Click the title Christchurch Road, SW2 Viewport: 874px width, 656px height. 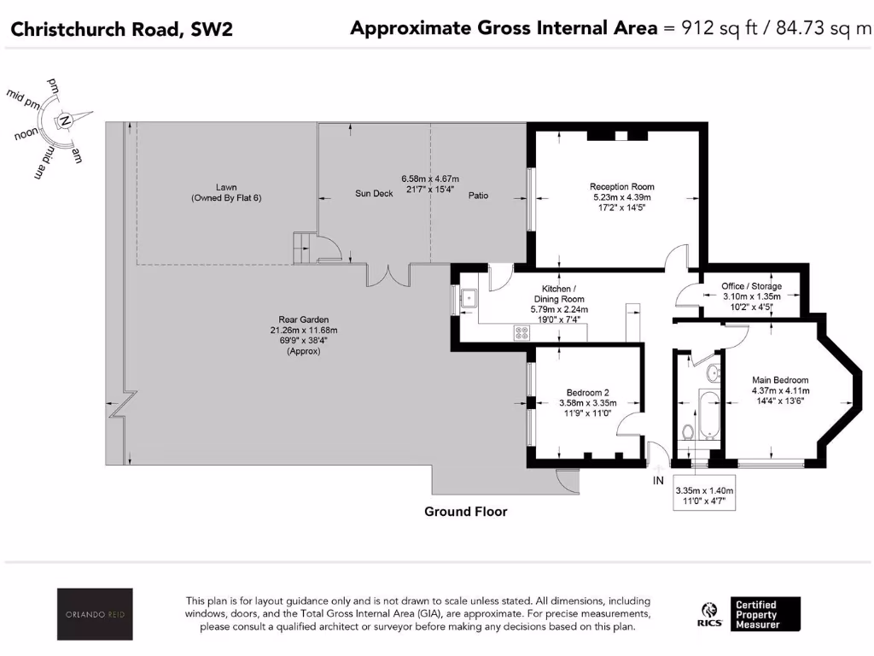coord(120,30)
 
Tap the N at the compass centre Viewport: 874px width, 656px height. coord(65,122)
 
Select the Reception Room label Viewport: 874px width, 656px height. coord(621,186)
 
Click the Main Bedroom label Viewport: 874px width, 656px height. coord(779,380)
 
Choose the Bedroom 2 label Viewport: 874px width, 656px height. coord(584,393)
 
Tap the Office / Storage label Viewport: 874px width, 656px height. coord(751,286)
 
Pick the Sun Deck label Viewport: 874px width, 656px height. coord(374,194)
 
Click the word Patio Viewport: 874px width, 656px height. coord(478,196)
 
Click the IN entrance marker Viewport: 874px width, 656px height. coord(657,481)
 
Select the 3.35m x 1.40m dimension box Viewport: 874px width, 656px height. coord(704,496)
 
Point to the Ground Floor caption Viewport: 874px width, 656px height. coord(466,512)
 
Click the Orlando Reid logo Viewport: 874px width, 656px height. coord(95,613)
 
